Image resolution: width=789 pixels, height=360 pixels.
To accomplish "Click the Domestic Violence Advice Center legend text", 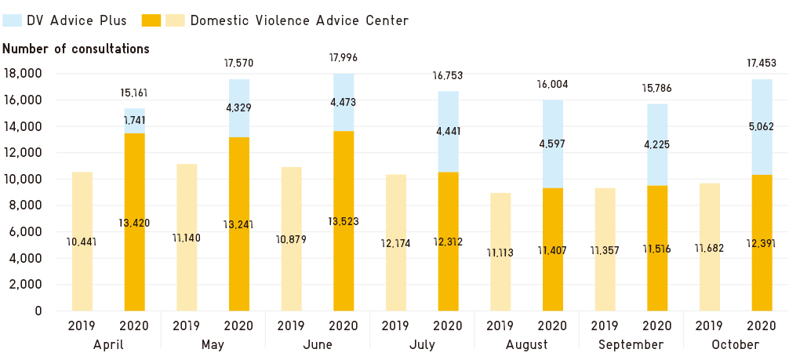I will pyautogui.click(x=299, y=20).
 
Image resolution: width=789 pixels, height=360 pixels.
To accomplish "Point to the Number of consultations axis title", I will pyautogui.click(x=75, y=49).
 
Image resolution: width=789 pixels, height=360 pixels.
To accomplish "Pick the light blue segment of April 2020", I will pyautogui.click(x=134, y=120).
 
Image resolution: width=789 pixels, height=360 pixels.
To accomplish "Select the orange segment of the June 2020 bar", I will pyautogui.click(x=344, y=220).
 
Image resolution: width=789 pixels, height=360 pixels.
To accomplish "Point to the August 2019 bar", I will pyautogui.click(x=501, y=251).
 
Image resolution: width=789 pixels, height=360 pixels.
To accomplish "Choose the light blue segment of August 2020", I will pyautogui.click(x=553, y=144).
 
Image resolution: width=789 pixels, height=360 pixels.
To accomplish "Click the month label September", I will pyautogui.click(x=631, y=344).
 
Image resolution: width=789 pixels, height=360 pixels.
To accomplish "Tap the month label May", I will pyautogui.click(x=213, y=344).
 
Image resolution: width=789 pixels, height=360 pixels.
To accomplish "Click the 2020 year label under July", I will pyautogui.click(x=448, y=325).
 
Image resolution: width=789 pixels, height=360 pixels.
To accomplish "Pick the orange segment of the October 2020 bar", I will pyautogui.click(x=762, y=242).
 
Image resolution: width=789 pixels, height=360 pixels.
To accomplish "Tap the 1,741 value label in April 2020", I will pyautogui.click(x=134, y=120).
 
